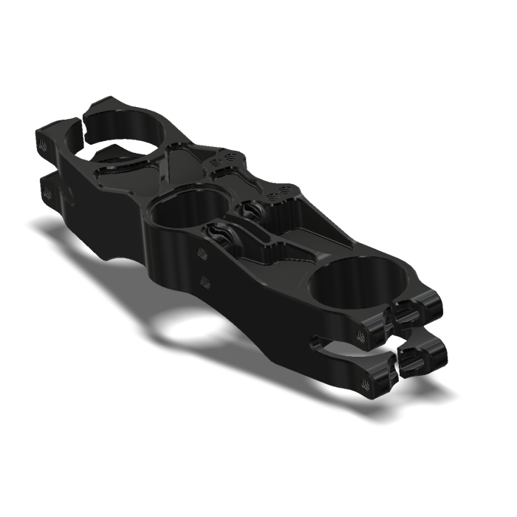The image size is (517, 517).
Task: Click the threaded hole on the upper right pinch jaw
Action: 361,336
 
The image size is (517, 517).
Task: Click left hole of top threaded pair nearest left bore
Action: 216,160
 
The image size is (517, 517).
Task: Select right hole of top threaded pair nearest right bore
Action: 282,195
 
